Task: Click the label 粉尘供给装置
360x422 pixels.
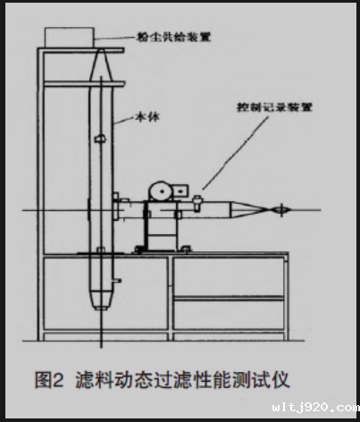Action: coord(173,37)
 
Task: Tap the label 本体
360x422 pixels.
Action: coord(147,116)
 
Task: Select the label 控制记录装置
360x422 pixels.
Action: coord(274,107)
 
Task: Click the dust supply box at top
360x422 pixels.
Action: coord(70,38)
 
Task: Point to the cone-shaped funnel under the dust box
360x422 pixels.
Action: coord(101,65)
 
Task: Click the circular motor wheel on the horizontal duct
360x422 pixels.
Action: coord(162,191)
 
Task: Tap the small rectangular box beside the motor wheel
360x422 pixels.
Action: coord(180,190)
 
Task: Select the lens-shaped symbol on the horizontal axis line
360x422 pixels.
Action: coord(281,210)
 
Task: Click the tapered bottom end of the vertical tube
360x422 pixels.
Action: coord(101,300)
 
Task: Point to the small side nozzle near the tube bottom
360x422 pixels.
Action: coord(117,280)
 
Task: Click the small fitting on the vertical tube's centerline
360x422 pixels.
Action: coord(100,139)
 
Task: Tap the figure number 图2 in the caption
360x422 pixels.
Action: coord(49,380)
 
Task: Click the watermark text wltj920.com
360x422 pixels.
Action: coord(315,408)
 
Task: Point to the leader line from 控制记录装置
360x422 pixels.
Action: coord(235,153)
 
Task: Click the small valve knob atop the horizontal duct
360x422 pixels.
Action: coord(197,203)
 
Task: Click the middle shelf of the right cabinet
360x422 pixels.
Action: coord(229,298)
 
